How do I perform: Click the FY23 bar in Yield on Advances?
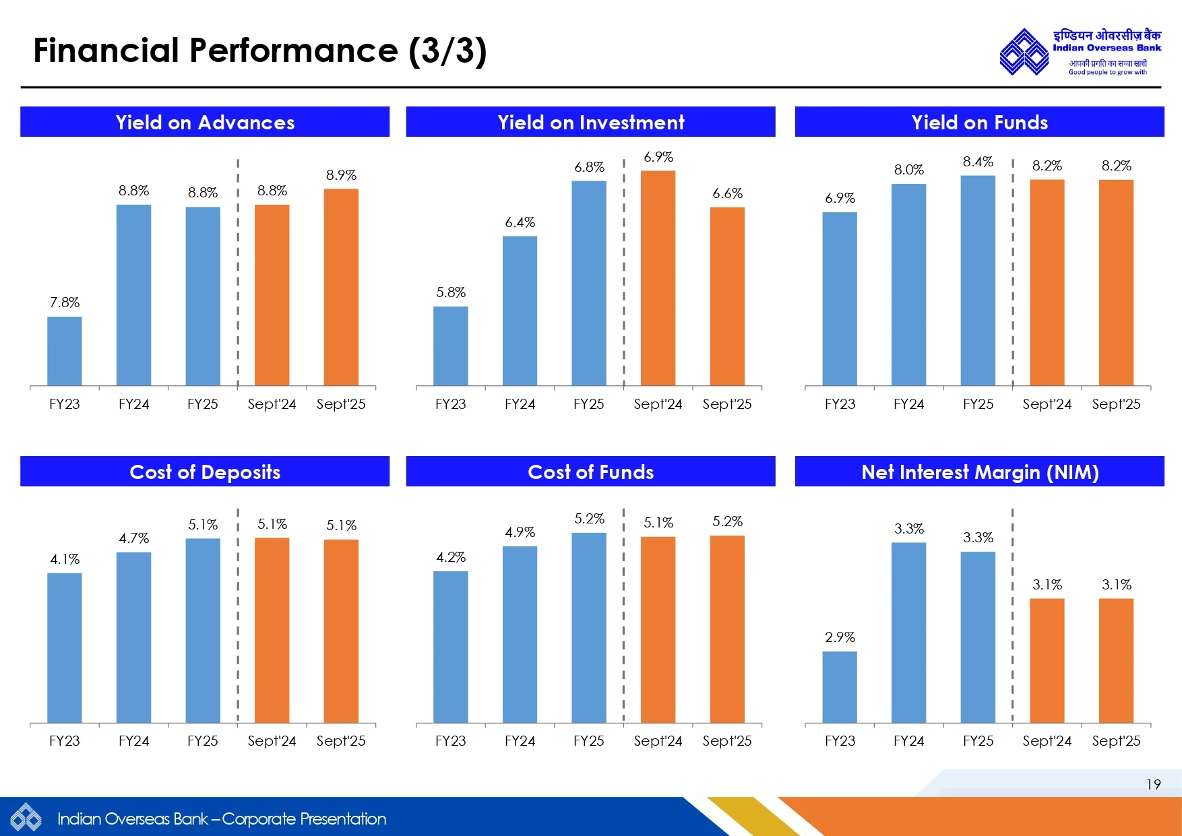coord(65,351)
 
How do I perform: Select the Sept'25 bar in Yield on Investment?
coord(727,296)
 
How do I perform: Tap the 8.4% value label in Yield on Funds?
coord(978,162)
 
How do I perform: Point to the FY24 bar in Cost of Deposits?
coord(133,637)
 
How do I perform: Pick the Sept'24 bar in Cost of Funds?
coord(658,630)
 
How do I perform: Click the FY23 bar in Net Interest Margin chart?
coord(840,687)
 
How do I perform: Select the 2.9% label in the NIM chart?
coord(840,637)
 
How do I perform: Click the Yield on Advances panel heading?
coord(205,122)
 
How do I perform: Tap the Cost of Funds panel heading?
coord(590,472)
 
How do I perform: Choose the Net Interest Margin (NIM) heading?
coord(980,472)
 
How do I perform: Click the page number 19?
coord(1153,784)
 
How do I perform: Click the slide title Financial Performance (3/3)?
coord(260,51)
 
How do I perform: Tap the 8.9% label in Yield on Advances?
coord(341,175)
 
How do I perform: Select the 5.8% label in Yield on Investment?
coord(451,292)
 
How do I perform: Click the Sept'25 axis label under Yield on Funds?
coord(1116,404)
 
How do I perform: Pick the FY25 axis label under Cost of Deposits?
coord(203,741)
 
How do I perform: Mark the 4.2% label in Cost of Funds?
coord(451,557)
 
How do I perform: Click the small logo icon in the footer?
coord(26,818)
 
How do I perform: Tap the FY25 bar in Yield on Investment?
coord(589,283)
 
